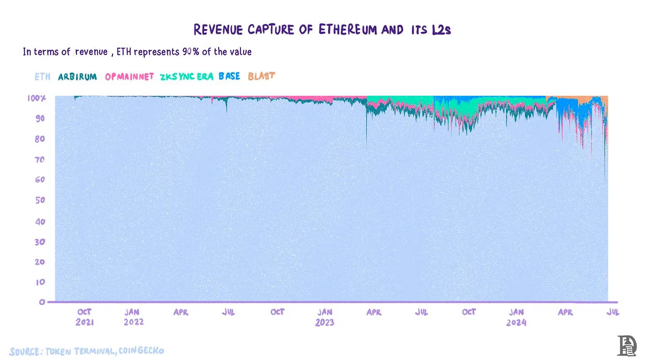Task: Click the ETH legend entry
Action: coord(43,77)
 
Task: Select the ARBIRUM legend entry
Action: coord(77,77)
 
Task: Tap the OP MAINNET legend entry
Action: coord(129,77)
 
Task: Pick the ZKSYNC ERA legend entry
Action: coord(187,77)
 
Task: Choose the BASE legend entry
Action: coord(229,76)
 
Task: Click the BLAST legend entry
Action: coord(261,76)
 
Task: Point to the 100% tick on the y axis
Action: coord(36,98)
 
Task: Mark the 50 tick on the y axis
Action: coord(40,200)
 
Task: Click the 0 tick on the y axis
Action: coord(42,302)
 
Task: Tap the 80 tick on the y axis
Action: coord(40,139)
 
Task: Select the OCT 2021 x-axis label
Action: coord(85,317)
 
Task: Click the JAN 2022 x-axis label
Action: coord(133,317)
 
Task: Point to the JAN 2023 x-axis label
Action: coord(325,317)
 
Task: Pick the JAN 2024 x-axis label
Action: coord(516,317)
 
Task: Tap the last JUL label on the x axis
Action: coord(613,312)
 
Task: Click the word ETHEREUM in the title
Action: coord(348,30)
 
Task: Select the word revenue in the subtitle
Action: coord(91,52)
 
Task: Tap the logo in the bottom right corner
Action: coord(626,346)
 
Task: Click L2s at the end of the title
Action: coord(441,30)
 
